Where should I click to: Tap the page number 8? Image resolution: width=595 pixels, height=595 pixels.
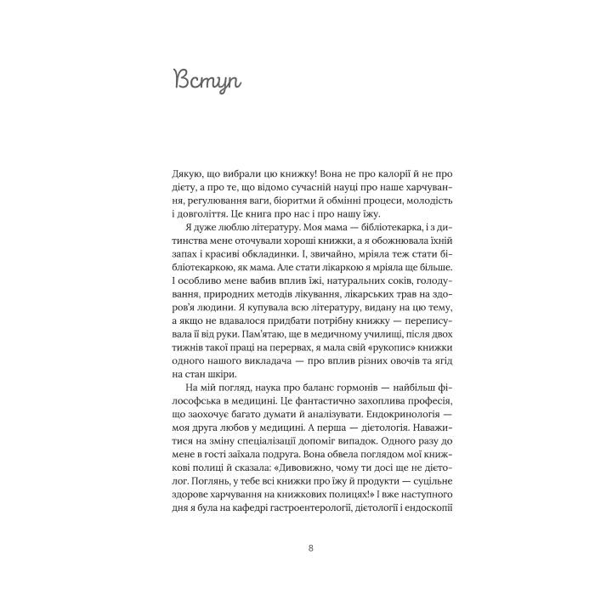click(x=297, y=547)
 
